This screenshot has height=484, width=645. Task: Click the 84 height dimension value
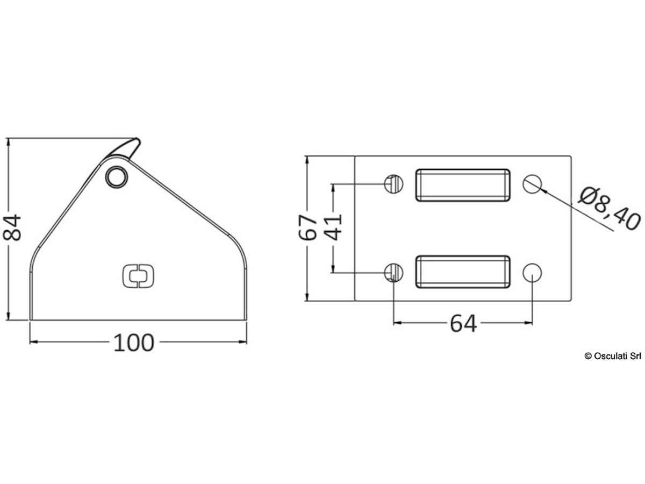click(x=12, y=227)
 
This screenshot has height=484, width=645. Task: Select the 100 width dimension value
click(x=134, y=343)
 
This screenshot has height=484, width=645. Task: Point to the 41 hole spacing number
click(x=334, y=227)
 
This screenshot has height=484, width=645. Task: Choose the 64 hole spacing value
click(x=463, y=324)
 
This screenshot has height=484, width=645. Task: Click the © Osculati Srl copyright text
click(x=613, y=356)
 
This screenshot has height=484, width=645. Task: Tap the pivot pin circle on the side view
click(x=117, y=177)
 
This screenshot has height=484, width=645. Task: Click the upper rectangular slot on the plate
click(x=463, y=185)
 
